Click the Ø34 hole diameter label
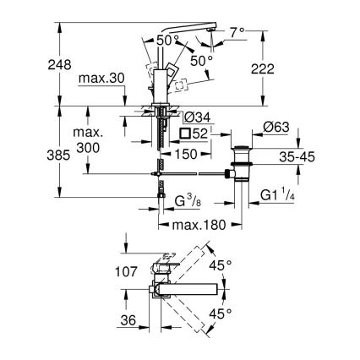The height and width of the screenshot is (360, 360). [195, 117]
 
